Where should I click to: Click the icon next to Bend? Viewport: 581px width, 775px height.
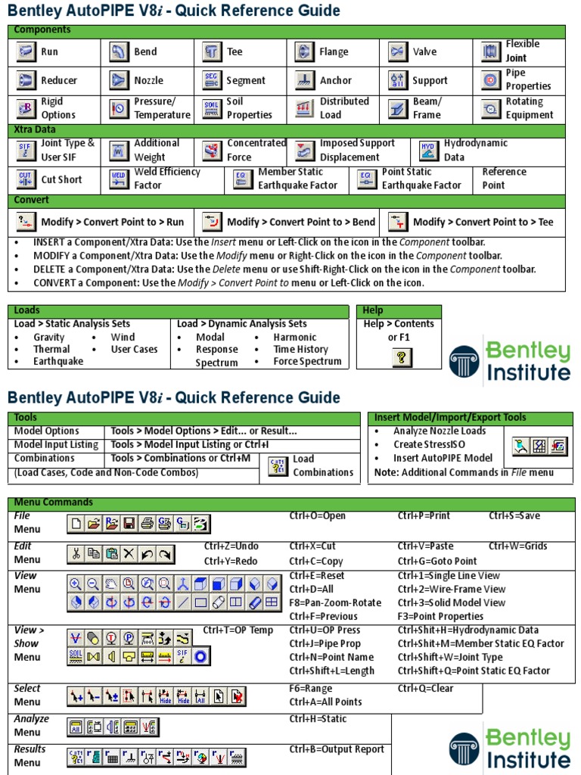119,51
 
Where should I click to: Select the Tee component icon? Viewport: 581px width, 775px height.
212,51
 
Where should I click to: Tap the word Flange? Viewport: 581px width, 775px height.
334,52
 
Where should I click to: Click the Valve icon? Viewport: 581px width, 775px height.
398,51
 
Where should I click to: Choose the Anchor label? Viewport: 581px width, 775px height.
335,80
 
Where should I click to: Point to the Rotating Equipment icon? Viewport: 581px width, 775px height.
491,108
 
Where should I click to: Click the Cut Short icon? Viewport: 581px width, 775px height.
26,179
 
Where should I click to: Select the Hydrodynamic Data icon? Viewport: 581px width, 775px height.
429,150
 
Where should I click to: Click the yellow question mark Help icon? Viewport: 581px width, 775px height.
402,357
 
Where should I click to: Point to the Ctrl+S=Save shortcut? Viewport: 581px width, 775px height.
514,516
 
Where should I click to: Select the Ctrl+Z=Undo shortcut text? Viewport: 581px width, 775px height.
231,546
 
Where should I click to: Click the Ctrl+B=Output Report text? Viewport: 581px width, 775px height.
337,749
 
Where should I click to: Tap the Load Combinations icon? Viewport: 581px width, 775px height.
277,465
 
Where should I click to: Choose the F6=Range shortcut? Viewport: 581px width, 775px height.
310,689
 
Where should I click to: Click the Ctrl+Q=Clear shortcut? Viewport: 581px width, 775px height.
425,689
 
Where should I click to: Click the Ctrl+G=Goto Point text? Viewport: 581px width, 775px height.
437,562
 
